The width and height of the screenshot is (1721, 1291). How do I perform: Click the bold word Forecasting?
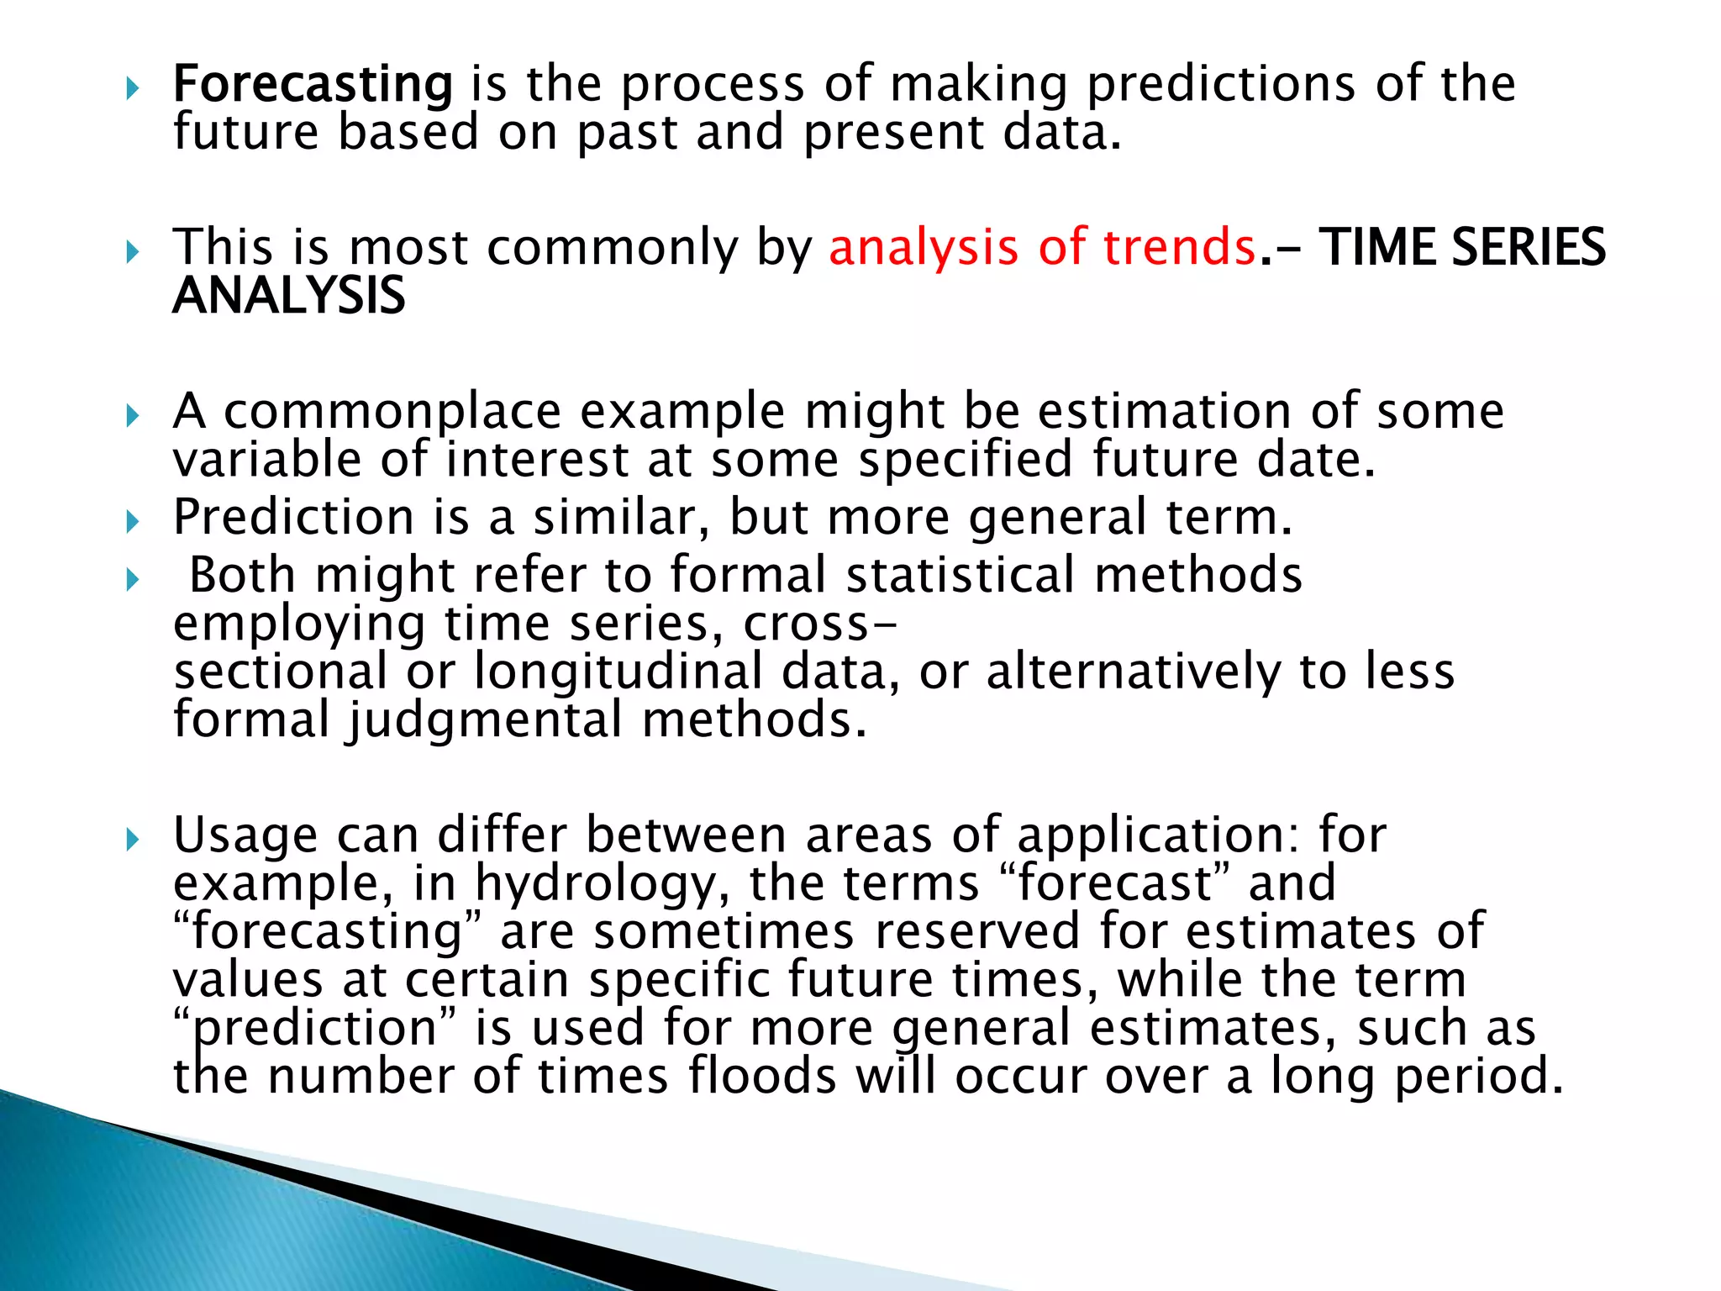[312, 84]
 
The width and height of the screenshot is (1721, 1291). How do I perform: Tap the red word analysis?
[923, 249]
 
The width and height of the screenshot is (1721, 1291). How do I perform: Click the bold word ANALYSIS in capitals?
[288, 296]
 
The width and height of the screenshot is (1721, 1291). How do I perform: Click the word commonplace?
[392, 412]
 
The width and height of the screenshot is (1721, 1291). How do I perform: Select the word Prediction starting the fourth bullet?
[293, 517]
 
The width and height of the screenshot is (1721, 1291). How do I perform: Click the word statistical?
[960, 575]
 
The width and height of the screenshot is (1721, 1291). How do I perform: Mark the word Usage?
[245, 835]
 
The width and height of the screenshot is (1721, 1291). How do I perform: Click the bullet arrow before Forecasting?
[132, 87]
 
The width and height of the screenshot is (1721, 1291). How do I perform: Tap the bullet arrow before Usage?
[132, 839]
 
